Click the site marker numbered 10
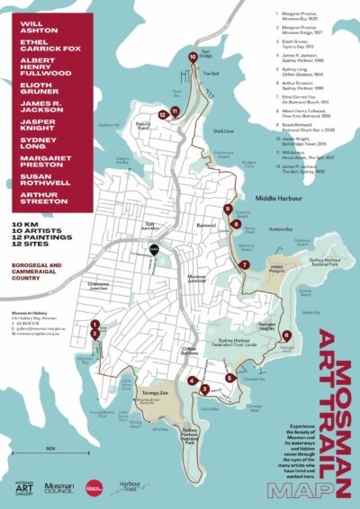tap(193, 57)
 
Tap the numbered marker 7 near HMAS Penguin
tap(244, 264)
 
